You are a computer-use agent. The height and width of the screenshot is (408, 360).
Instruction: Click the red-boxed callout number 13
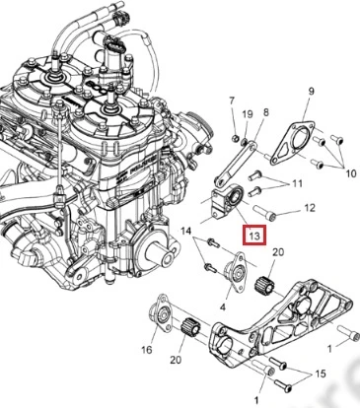tap(254, 236)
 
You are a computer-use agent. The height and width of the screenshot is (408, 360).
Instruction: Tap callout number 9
tap(311, 91)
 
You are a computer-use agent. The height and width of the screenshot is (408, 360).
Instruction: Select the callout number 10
tap(351, 173)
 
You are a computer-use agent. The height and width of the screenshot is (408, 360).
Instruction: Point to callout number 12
tap(310, 208)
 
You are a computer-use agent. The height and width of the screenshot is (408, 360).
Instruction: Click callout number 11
tap(297, 183)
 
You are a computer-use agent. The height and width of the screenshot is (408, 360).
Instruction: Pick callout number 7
tap(232, 101)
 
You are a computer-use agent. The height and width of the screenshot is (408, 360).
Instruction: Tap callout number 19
tap(248, 114)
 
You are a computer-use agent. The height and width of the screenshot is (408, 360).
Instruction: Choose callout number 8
tap(265, 112)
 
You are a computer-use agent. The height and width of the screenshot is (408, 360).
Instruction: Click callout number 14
tap(185, 232)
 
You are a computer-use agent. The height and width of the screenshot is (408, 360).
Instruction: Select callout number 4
tap(223, 307)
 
